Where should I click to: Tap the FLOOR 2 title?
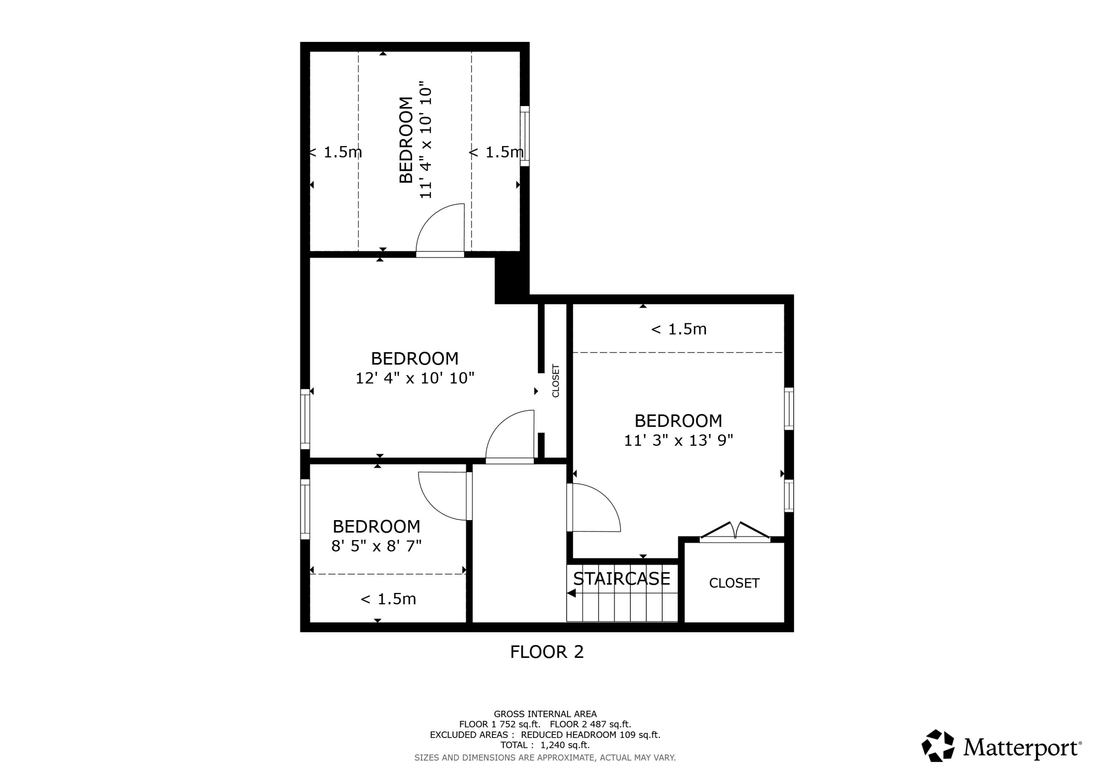[x=547, y=652]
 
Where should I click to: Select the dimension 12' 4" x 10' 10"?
[x=415, y=378]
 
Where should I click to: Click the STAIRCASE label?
[x=621, y=579]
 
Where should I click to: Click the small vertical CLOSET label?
[x=556, y=380]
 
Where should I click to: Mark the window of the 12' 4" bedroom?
[x=305, y=419]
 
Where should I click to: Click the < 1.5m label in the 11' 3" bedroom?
[x=679, y=329]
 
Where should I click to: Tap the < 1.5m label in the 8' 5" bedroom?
[x=388, y=599]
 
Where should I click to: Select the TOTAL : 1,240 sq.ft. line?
[x=545, y=745]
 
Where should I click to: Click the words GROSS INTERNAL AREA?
[x=545, y=714]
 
